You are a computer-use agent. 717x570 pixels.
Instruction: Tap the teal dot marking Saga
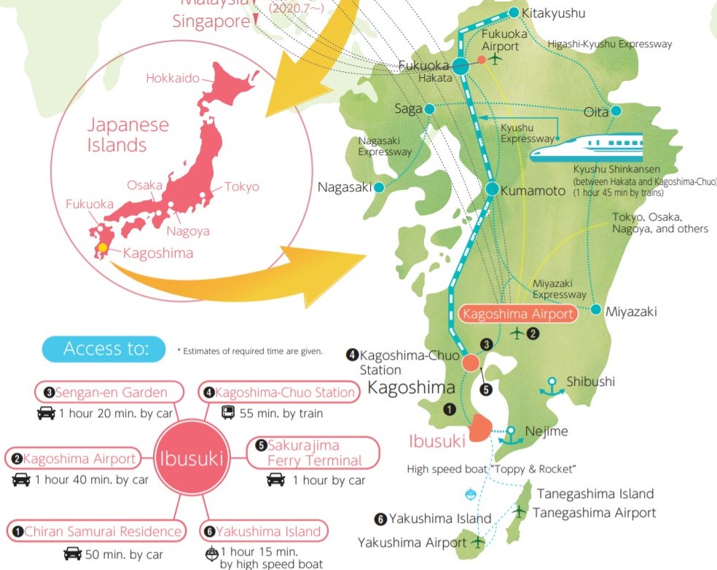click(x=429, y=109)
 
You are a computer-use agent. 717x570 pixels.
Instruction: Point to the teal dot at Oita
click(x=616, y=111)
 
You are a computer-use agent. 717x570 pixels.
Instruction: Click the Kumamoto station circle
click(x=492, y=189)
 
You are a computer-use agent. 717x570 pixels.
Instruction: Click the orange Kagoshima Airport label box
click(x=518, y=314)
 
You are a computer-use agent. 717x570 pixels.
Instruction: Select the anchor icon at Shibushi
click(x=552, y=385)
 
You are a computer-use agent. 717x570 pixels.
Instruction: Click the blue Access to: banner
click(x=105, y=349)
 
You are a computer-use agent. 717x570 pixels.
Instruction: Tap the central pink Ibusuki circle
click(x=191, y=459)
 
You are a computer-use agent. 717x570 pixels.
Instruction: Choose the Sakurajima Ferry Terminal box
click(x=314, y=453)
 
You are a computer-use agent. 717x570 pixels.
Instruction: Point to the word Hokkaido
click(x=173, y=78)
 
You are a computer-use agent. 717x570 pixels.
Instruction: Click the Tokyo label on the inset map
click(x=241, y=186)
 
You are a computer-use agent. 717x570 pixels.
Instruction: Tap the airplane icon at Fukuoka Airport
click(x=497, y=58)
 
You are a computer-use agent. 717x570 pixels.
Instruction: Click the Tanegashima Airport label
click(x=594, y=512)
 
